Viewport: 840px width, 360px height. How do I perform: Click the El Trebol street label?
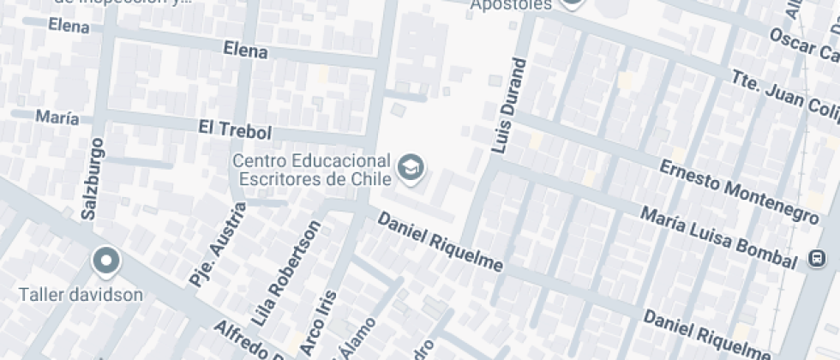click(234, 129)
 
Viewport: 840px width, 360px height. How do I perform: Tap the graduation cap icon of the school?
click(414, 169)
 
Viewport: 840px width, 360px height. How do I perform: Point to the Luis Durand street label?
click(507, 105)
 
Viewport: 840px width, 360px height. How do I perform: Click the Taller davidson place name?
click(81, 294)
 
